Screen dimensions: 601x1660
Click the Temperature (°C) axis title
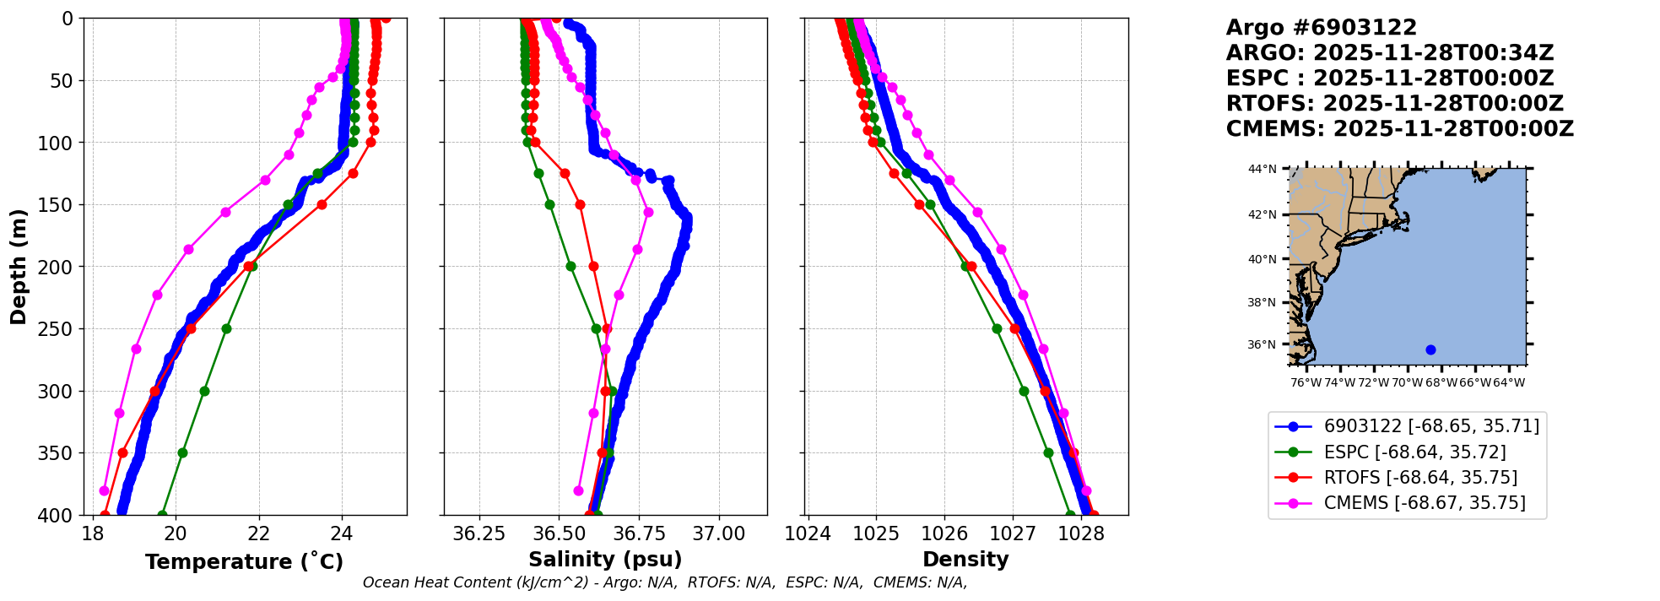click(x=244, y=562)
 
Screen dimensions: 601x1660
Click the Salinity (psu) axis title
click(x=605, y=560)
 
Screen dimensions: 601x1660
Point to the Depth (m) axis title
click(x=18, y=267)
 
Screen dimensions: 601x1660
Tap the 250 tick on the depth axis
click(x=61, y=329)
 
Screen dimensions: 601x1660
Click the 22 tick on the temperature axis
click(x=259, y=533)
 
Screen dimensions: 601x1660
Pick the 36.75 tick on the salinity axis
click(x=639, y=533)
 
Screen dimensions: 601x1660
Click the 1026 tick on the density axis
click(x=944, y=533)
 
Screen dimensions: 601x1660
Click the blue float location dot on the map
click(x=1430, y=349)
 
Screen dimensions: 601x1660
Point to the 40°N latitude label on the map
click(x=1263, y=259)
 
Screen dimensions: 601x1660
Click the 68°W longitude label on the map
click(x=1441, y=382)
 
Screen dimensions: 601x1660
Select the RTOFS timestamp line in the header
click(x=1394, y=104)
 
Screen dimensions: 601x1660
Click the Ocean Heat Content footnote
click(x=665, y=582)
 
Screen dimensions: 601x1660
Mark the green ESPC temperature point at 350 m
click(x=182, y=452)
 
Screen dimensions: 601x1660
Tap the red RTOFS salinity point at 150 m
click(x=581, y=204)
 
